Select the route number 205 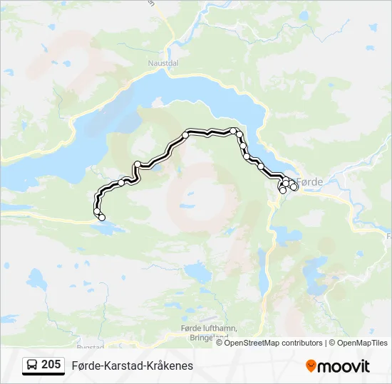click(x=51, y=365)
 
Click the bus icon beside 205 click(x=33, y=365)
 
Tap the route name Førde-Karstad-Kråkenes click(x=132, y=366)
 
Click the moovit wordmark click(x=344, y=366)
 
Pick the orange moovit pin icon click(x=311, y=366)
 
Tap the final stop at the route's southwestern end click(x=102, y=217)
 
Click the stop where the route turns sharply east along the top click(x=185, y=134)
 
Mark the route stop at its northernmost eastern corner click(x=234, y=131)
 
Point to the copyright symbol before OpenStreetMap click(x=220, y=343)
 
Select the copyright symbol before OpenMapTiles click(x=332, y=343)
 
